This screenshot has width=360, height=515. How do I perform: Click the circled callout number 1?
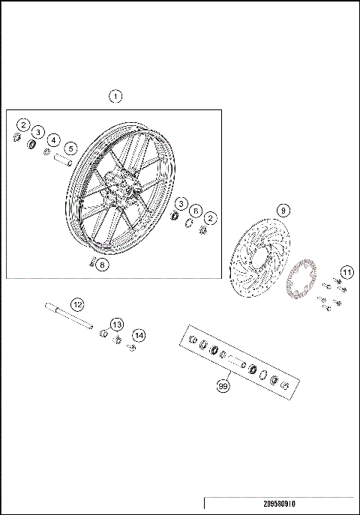115,96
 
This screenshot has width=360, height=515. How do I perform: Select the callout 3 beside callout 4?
38,132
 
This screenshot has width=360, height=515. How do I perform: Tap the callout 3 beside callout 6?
181,204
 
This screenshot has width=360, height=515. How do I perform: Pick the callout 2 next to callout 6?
211,218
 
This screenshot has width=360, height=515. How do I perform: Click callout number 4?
53,139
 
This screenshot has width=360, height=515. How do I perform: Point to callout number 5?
70,148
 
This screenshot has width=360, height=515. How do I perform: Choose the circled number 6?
196,211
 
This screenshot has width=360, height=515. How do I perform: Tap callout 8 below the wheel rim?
102,264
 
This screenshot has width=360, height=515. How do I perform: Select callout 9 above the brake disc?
282,211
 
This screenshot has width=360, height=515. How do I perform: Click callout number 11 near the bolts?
346,271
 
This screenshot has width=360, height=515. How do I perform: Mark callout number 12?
76,304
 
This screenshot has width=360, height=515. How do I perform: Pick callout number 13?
116,323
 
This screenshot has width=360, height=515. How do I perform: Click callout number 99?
222,386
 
